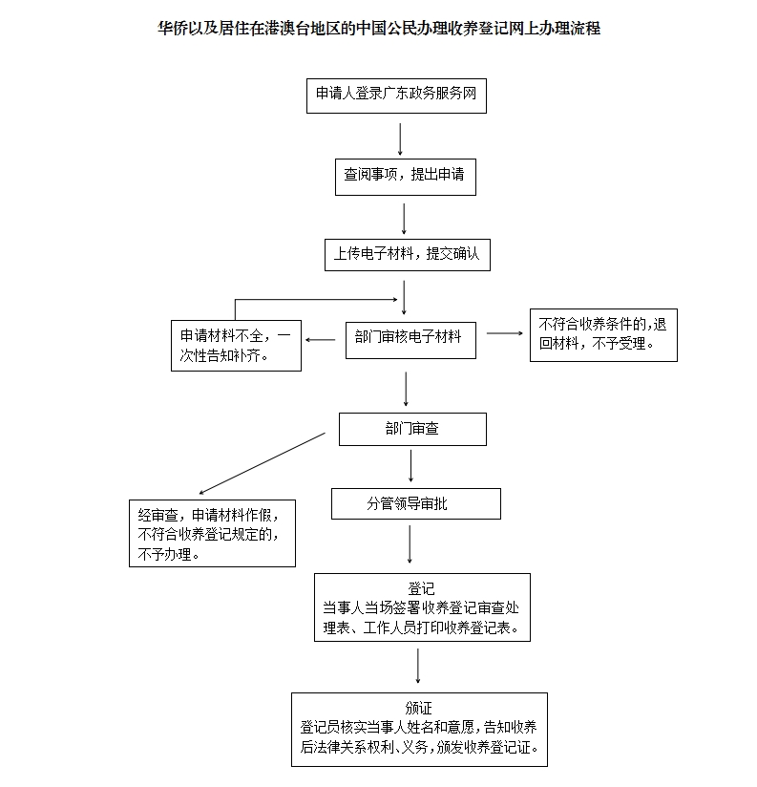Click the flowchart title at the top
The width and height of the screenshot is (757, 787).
pyautogui.click(x=379, y=28)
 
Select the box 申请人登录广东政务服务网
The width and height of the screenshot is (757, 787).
pyautogui.click(x=396, y=96)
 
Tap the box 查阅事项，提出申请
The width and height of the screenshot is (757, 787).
pyautogui.click(x=406, y=178)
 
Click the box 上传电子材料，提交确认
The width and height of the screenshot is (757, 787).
pyautogui.click(x=408, y=255)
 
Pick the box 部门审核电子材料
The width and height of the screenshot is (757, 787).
pyautogui.click(x=410, y=340)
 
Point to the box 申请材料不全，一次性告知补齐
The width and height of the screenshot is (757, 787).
pyautogui.click(x=237, y=346)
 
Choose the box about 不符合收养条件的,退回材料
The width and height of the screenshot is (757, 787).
pyautogui.click(x=603, y=335)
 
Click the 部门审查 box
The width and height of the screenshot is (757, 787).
pyautogui.click(x=412, y=429)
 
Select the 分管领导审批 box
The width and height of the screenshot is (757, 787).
pyautogui.click(x=416, y=504)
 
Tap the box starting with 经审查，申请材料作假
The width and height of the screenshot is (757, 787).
pyautogui.click(x=212, y=534)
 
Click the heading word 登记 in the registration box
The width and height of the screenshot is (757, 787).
pyautogui.click(x=421, y=588)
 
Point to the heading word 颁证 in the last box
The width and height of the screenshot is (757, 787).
pyautogui.click(x=418, y=708)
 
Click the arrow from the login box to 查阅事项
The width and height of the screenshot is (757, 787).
pyautogui.click(x=400, y=139)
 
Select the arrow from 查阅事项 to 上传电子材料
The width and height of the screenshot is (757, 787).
pyautogui.click(x=404, y=219)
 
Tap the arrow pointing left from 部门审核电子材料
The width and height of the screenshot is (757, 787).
pyautogui.click(x=320, y=340)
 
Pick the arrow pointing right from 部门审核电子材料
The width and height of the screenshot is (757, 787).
pyautogui.click(x=505, y=333)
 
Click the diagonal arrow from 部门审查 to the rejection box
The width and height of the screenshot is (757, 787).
pyautogui.click(x=262, y=464)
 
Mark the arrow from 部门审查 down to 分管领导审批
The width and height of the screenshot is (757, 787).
pyautogui.click(x=410, y=466)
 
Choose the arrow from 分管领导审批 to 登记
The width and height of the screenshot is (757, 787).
pyautogui.click(x=410, y=544)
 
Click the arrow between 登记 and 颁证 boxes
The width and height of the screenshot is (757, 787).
pyautogui.click(x=418, y=666)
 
